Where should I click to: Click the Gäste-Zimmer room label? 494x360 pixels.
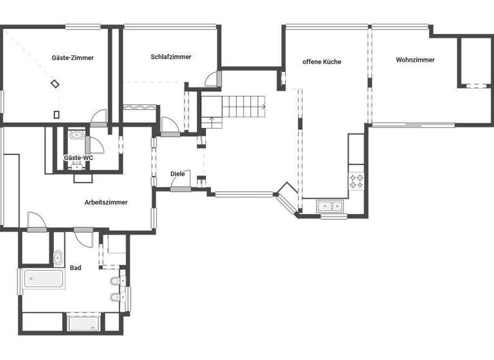click(x=73, y=58)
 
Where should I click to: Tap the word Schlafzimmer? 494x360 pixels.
click(x=171, y=57)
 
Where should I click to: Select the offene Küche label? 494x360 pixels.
click(x=322, y=62)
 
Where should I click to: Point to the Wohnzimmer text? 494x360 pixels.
click(x=415, y=60)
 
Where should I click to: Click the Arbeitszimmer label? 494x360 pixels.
click(x=106, y=203)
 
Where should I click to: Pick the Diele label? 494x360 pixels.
click(x=178, y=174)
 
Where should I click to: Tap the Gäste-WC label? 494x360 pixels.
click(x=78, y=157)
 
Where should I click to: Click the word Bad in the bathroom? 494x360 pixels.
click(x=76, y=268)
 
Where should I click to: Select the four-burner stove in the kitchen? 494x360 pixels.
click(x=356, y=181)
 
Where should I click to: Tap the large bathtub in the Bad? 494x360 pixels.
click(x=44, y=279)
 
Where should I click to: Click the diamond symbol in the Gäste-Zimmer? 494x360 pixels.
click(x=56, y=84)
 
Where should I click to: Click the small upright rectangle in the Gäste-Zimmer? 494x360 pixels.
click(x=57, y=114)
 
